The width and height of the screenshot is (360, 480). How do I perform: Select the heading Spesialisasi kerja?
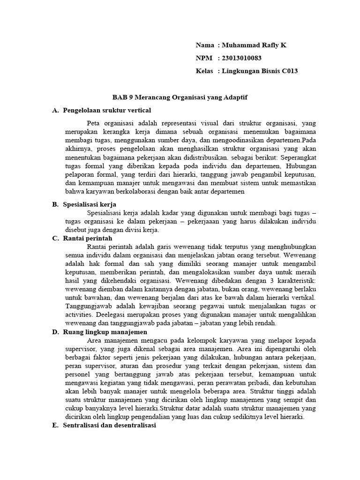[x=90, y=205]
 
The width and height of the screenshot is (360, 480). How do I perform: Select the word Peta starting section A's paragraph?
[x=94, y=123]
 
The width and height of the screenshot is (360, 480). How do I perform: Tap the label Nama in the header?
[x=205, y=45]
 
